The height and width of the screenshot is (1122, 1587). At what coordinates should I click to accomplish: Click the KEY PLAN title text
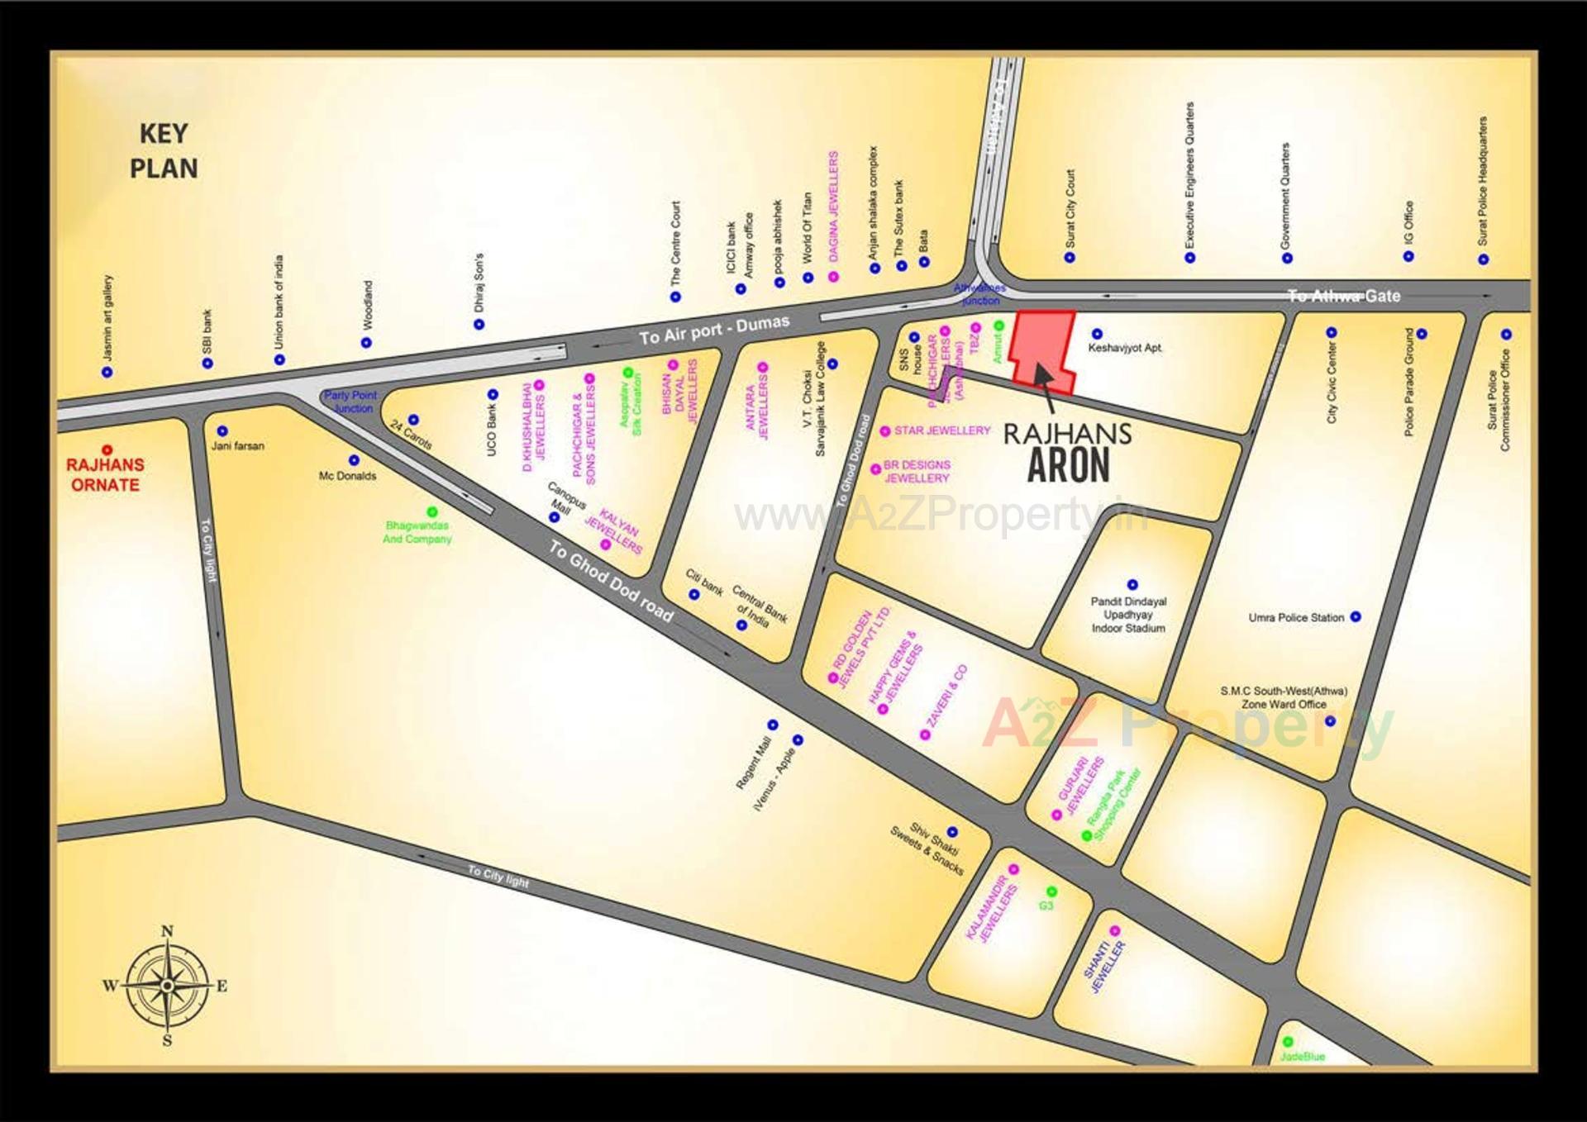[164, 151]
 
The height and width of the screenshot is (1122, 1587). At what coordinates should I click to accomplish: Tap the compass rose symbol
[167, 985]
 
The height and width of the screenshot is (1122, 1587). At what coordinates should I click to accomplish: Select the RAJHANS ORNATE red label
[105, 475]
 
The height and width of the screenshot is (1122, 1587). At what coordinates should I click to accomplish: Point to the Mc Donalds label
[347, 476]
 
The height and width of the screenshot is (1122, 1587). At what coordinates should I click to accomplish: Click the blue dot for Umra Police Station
[1356, 616]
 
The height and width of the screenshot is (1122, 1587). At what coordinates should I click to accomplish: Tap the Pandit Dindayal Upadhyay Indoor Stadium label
[1128, 615]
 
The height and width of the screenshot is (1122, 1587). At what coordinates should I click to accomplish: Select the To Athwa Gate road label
[1344, 296]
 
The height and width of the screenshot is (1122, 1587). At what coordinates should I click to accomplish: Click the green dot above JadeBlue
[1287, 1042]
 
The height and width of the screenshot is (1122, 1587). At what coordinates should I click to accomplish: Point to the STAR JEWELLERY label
[941, 430]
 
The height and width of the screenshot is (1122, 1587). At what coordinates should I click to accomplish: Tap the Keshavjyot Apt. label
[1124, 348]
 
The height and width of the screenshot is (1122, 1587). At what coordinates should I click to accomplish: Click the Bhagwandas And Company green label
[417, 532]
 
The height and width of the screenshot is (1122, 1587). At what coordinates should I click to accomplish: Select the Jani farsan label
[237, 445]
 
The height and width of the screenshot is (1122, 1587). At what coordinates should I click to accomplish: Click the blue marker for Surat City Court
[1070, 257]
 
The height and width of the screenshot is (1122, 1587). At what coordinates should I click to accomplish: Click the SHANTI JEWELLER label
[1104, 967]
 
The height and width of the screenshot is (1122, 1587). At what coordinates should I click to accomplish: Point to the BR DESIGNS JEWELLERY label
[917, 471]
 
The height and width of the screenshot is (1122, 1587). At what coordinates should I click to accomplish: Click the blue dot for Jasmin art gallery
[107, 372]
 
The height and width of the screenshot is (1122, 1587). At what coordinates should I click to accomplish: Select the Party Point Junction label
[350, 402]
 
